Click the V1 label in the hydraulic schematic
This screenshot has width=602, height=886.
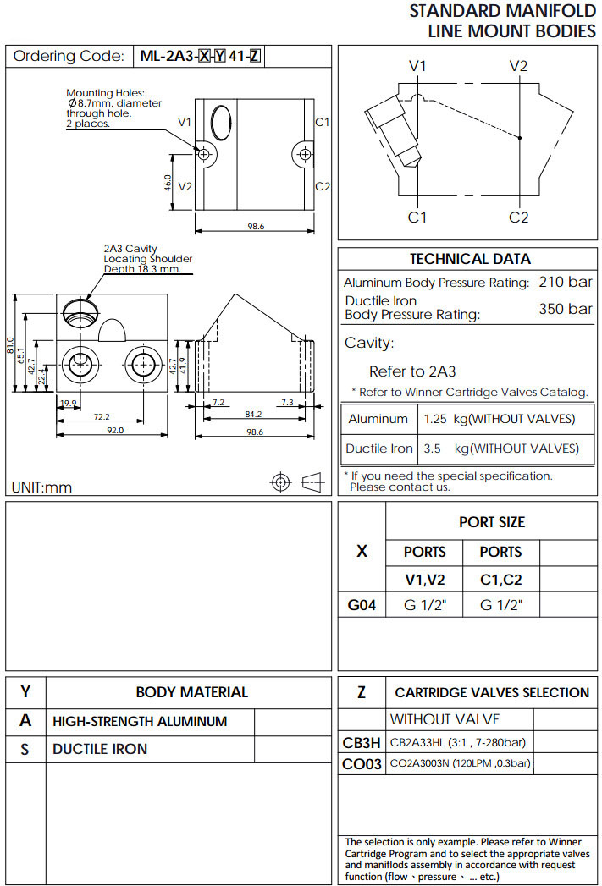coord(417,66)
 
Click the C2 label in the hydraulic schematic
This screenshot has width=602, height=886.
coord(518,217)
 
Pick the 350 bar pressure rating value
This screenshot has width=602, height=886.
coord(566,309)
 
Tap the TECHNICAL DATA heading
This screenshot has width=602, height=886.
coord(470,259)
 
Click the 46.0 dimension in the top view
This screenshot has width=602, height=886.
coord(168,183)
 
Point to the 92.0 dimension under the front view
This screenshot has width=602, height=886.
coord(114,431)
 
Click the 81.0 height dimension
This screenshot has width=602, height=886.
coord(11,345)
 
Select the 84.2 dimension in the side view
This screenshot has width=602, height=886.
coord(253,415)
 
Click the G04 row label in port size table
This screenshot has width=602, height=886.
coord(362,605)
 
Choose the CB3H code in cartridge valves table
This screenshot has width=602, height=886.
coord(362,743)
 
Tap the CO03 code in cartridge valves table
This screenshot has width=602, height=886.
coord(362,764)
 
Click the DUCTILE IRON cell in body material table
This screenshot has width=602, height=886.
coord(100,749)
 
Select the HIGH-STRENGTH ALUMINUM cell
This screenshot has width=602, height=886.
coord(140,722)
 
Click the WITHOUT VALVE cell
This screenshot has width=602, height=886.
coord(445,719)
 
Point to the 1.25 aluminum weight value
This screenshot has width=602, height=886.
coord(434,419)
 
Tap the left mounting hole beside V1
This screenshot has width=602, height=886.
coord(203,154)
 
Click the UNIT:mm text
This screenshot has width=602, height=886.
coord(42,487)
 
